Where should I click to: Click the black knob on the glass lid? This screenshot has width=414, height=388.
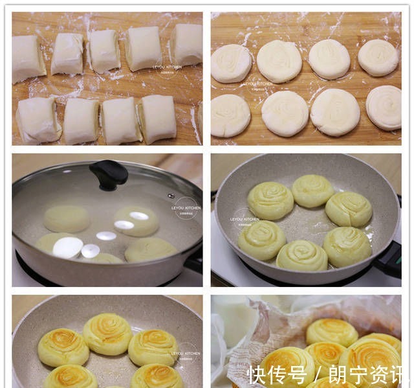click(x=109, y=174)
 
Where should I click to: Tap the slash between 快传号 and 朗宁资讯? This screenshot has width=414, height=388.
click(x=317, y=375)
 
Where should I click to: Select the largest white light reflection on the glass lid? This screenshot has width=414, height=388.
click(x=67, y=247)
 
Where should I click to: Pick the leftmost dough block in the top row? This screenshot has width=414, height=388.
click(x=28, y=58)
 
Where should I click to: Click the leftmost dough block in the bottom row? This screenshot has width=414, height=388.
click(x=37, y=119)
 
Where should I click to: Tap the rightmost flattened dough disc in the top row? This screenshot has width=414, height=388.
click(x=378, y=57)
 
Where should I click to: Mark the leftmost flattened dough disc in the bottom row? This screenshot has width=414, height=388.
click(x=230, y=115)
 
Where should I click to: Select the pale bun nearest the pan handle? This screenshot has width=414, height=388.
click(x=347, y=245)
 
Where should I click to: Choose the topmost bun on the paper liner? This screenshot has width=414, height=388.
click(x=331, y=331)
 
